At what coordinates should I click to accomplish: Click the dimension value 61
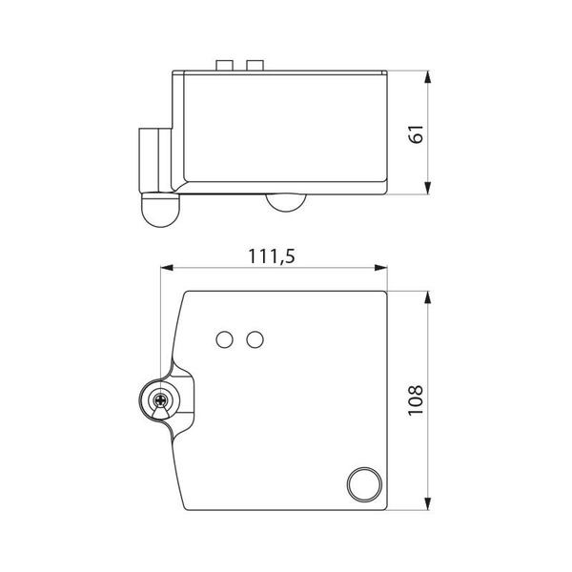pyautogui.click(x=414, y=133)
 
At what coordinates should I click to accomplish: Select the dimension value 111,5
pyautogui.click(x=271, y=255)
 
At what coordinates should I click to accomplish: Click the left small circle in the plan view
pyautogui.click(x=226, y=339)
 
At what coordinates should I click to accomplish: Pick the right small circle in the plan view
pyautogui.click(x=254, y=339)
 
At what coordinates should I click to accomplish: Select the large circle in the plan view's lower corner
pyautogui.click(x=362, y=483)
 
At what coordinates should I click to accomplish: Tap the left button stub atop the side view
pyautogui.click(x=226, y=65)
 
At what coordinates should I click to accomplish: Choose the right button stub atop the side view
pyautogui.click(x=254, y=65)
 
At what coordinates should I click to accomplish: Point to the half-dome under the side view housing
pyautogui.click(x=283, y=201)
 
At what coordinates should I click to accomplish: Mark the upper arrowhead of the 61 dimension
pyautogui.click(x=430, y=77)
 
